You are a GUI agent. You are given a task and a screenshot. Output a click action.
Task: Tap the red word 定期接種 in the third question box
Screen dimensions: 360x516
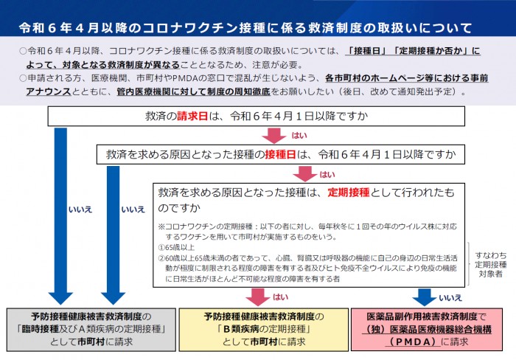click(x=348, y=193)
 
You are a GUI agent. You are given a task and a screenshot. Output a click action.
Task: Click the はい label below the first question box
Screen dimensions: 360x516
click(x=299, y=136)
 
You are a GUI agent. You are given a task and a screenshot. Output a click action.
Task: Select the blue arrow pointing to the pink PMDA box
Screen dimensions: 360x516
click(x=425, y=297)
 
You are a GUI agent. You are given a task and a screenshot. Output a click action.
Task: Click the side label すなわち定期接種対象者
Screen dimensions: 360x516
click(x=491, y=257)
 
